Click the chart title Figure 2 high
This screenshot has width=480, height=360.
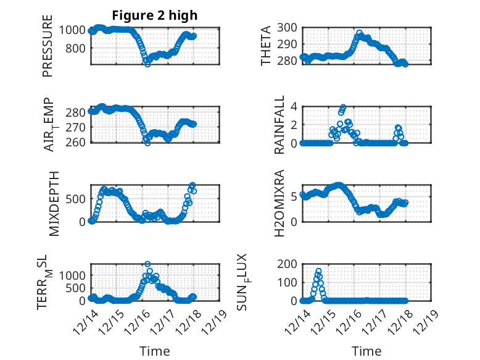pos(155,15)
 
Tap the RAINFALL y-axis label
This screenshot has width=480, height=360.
pos(279,125)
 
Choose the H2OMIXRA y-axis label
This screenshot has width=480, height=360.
pos(279,204)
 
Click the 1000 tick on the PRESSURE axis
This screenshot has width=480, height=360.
pos(76,29)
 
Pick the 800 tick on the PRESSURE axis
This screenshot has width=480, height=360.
pos(79,48)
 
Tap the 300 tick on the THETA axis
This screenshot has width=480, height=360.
pos(289,27)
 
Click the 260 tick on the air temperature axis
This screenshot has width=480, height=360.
pos(79,142)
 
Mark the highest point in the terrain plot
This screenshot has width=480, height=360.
pos(147,264)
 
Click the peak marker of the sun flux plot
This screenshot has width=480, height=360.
pos(318,271)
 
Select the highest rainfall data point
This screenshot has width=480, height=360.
pos(343,107)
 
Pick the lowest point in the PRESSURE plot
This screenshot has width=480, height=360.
pos(147,64)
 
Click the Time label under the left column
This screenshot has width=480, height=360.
pos(155,351)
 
